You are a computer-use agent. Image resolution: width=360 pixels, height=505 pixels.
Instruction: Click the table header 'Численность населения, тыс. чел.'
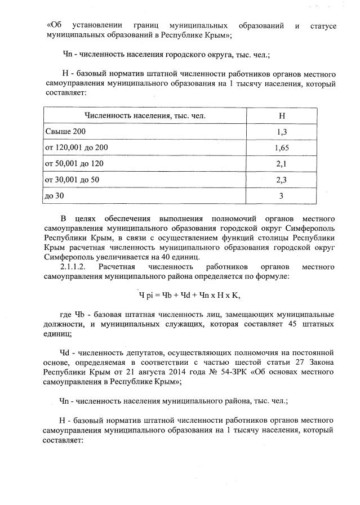pos(145,116)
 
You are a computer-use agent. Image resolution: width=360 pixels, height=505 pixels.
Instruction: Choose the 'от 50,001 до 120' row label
pos(74,164)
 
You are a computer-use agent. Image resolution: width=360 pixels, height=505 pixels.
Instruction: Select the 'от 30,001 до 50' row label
pos(72,180)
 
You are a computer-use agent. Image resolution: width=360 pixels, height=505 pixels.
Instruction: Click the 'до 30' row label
pos(55,196)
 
